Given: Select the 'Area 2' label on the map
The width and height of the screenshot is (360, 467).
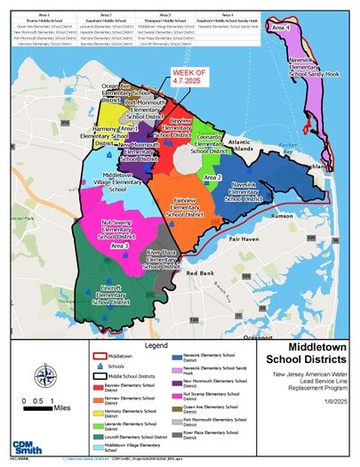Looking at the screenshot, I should click(212, 178).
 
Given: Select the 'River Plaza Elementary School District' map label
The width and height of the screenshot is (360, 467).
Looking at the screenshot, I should click(162, 260).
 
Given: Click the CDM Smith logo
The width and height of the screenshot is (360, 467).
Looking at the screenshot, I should click(28, 442).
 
